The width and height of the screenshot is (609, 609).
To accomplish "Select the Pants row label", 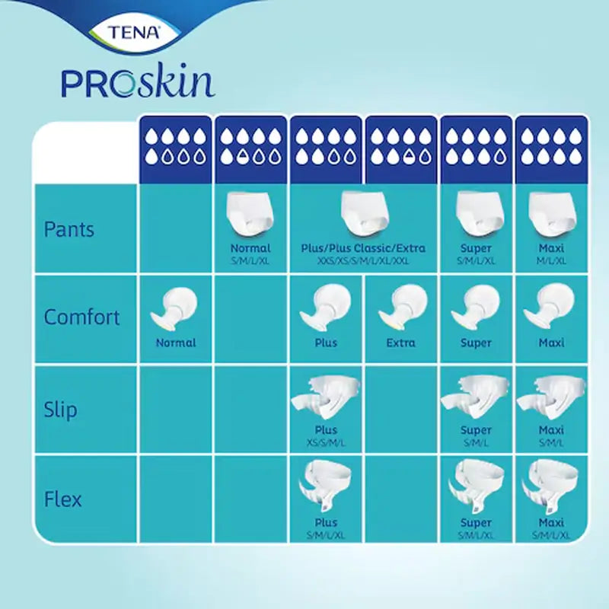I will pos(69,229).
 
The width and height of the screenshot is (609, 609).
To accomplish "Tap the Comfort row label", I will pos(82,317).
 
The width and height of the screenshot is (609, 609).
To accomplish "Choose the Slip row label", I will pos(61,410).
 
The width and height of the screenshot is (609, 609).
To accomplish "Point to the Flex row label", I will pos(62,500).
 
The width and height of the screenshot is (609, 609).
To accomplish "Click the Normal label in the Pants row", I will pos(250,248).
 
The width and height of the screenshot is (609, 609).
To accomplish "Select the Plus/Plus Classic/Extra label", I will pos(363,248).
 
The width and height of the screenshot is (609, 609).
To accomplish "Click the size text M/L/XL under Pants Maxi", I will pos(551,260).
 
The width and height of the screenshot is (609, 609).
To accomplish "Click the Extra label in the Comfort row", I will pos(401,343).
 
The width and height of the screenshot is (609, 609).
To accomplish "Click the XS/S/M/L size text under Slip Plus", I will pos(326,442).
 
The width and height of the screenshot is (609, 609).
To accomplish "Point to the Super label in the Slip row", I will pos(476,430).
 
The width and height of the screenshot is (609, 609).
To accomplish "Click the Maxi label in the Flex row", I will pos(551,523).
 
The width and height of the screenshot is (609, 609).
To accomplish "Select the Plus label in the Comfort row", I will pos(326,343).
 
